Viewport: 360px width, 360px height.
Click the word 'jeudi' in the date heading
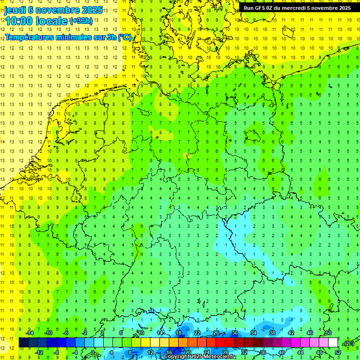tap(15, 10)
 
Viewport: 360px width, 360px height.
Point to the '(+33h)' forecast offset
tap(81, 21)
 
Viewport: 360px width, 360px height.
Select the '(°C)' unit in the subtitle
tap(125, 37)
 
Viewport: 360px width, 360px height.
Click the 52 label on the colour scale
tap(337, 352)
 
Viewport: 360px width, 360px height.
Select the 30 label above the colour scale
tap(234, 333)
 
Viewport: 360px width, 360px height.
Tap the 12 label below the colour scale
tap(150, 352)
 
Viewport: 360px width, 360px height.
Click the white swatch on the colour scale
tap(333, 343)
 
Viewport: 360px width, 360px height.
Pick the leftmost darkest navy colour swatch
tap(23, 343)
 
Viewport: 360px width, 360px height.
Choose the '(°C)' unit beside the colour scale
tap(348, 343)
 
